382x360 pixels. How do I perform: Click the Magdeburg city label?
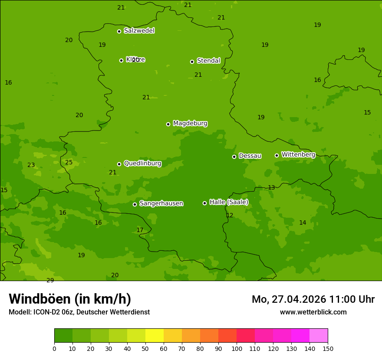coord(190,124)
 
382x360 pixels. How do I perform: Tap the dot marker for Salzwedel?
coord(119,31)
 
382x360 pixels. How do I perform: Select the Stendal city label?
coord(209,61)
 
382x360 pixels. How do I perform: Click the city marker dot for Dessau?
coord(234,157)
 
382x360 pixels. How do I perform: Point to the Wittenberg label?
coord(298,154)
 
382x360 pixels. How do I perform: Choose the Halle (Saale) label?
coord(229,202)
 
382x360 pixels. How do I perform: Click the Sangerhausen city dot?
coord(135,204)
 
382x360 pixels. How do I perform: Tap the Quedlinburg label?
coord(142,164)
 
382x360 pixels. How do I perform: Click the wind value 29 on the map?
coord(50,280)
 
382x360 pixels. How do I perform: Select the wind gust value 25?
coord(69,162)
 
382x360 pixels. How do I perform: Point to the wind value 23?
coord(31,165)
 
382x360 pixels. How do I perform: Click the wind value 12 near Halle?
coord(230,215)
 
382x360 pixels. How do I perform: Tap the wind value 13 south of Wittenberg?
coord(271,187)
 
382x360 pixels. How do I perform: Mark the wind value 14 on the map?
coord(303,223)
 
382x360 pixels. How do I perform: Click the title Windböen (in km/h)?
coord(70,299)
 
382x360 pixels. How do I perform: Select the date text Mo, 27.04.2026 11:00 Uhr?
coord(313,299)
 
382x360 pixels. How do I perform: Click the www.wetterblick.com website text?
coord(313,312)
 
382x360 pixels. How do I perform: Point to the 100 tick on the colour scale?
coord(237,348)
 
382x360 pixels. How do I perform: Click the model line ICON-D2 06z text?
coord(79,312)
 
